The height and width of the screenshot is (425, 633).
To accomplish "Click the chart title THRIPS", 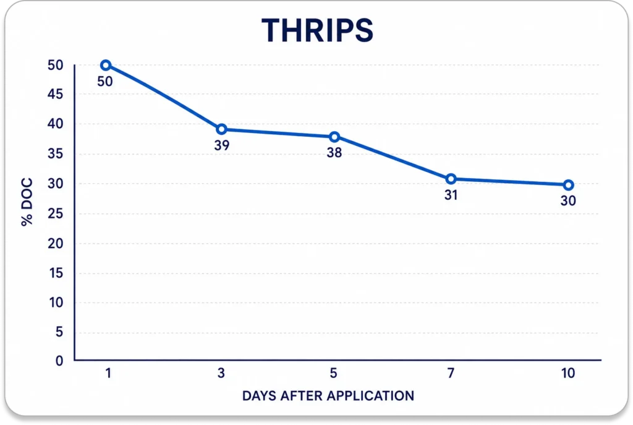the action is point(317,30).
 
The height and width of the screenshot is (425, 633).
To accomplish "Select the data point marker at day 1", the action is point(106,65).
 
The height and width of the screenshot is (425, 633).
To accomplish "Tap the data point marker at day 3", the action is point(221,129).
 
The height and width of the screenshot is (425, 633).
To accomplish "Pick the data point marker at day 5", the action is point(334,137).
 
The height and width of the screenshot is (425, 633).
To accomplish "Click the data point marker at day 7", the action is point(451,179).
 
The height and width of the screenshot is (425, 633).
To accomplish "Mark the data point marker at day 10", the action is point(568,185).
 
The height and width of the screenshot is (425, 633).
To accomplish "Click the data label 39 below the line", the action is point(222,145).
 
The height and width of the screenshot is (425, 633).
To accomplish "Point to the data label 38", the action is point(334,153).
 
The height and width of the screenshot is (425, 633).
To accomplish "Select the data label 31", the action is point(451,195).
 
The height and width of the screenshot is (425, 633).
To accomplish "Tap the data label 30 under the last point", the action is point(568,201).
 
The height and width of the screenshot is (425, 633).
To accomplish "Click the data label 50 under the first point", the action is point(105,82).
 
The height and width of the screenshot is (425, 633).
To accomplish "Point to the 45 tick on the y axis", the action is point(55,94).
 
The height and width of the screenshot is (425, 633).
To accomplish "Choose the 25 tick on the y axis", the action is point(55,213).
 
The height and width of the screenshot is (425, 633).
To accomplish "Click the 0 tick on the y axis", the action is point(59,361).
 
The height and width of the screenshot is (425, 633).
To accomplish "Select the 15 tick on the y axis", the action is point(56,273).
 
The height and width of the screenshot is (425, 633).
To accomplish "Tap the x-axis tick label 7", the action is point(451,373).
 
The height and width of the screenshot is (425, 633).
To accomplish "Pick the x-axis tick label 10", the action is point(568,373).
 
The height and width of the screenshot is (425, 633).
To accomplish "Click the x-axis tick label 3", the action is point(221,373).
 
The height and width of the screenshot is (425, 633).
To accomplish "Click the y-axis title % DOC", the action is point(27,202).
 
